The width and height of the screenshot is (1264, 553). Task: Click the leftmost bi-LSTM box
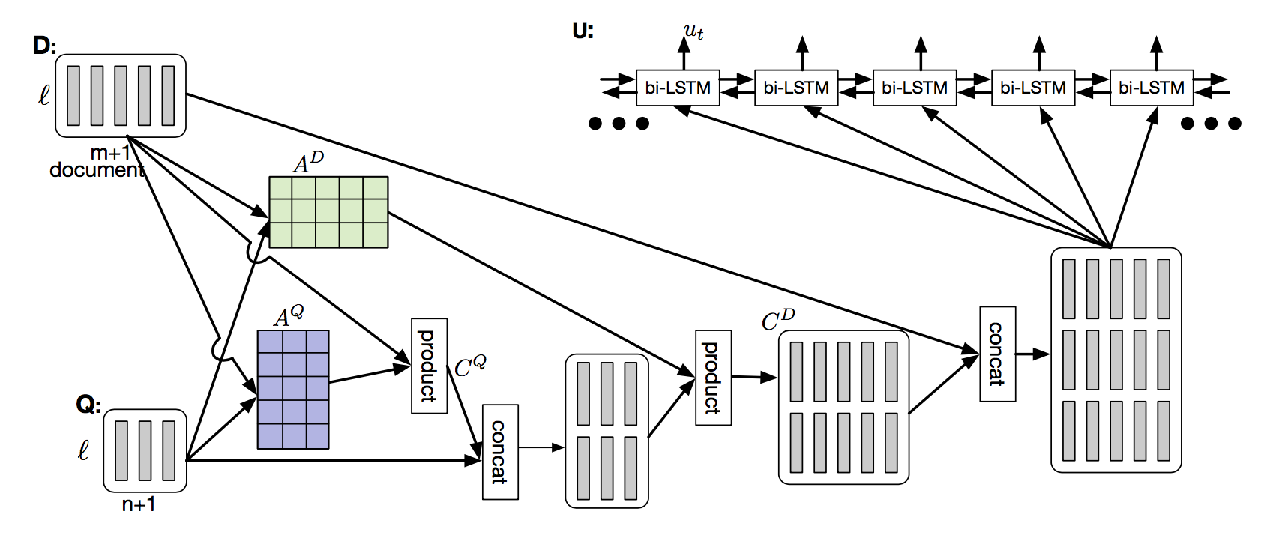tap(677, 88)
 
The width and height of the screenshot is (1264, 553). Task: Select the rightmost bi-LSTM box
tap(1151, 88)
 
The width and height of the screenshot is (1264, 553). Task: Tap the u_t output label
tap(693, 32)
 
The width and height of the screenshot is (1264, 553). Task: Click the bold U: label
tap(583, 31)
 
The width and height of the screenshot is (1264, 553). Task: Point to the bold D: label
tap(44, 46)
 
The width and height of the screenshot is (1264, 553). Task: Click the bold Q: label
tap(88, 405)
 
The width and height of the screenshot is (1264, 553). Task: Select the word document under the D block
tap(97, 170)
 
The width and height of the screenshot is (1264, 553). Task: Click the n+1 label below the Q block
tap(139, 504)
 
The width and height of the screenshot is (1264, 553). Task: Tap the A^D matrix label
tap(308, 163)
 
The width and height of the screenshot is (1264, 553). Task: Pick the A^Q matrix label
tap(289, 316)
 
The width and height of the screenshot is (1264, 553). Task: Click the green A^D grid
tap(328, 212)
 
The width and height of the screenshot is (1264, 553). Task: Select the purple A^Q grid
tap(293, 390)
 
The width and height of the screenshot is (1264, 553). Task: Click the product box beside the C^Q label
tap(429, 366)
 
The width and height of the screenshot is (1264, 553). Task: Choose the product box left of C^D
tap(713, 378)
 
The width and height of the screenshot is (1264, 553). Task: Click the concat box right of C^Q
tap(499, 452)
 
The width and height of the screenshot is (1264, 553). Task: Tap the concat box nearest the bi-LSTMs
tap(997, 354)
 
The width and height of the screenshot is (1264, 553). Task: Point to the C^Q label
tap(470, 367)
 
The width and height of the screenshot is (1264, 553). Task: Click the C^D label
tap(777, 320)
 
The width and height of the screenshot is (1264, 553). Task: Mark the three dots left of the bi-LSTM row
tap(619, 124)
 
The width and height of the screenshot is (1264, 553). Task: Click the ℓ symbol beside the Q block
tap(83, 450)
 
